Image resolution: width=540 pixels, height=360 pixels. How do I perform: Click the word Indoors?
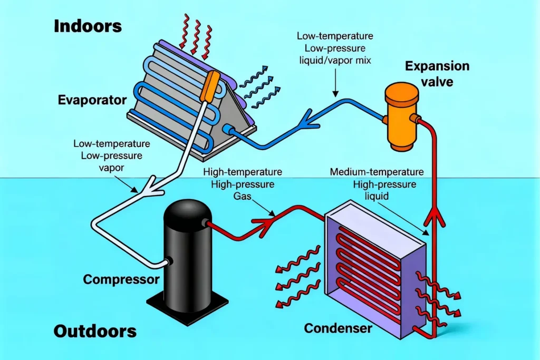88,26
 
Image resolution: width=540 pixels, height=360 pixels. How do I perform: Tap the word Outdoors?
95,332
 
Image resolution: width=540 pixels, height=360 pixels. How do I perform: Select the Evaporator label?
92,100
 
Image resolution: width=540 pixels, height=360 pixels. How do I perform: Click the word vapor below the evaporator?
112,169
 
